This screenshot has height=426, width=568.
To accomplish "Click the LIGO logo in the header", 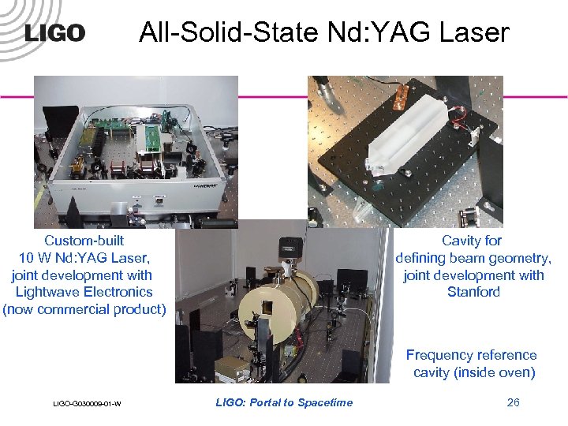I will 54,32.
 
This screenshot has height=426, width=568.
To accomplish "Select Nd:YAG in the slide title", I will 367,32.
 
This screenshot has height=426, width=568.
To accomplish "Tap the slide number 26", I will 513,403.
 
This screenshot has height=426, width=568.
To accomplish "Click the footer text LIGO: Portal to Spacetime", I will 284,403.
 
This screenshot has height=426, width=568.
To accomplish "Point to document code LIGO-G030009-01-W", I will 87,405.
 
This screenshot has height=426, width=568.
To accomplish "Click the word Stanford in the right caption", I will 473,292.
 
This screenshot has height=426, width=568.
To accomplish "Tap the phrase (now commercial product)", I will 84,309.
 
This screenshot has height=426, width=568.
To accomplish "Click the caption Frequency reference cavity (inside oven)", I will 473,364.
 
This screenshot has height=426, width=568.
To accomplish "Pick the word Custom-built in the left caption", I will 84,241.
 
